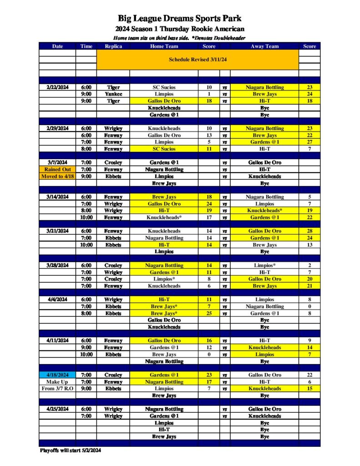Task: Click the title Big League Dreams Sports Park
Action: click(180, 19)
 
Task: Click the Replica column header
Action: click(113, 46)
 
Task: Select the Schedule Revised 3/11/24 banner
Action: click(198, 60)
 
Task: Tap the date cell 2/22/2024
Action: click(57, 87)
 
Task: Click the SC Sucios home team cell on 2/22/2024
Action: click(164, 87)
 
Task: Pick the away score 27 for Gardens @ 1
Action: click(309, 142)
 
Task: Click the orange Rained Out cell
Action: click(57, 169)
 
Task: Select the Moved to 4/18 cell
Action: click(57, 176)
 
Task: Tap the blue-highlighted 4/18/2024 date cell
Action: click(57, 375)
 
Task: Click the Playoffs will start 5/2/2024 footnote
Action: click(70, 451)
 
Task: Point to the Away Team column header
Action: click(264, 46)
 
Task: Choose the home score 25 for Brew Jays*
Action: click(209, 313)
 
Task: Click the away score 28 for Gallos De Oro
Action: click(309, 231)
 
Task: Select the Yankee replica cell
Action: click(113, 94)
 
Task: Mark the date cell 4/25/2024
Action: click(57, 409)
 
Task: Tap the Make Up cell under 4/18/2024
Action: click(57, 382)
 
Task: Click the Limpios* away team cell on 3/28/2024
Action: click(264, 265)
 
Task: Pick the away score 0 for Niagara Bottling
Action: click(309, 306)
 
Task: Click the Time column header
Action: click(86, 46)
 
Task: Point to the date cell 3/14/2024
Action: click(57, 197)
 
